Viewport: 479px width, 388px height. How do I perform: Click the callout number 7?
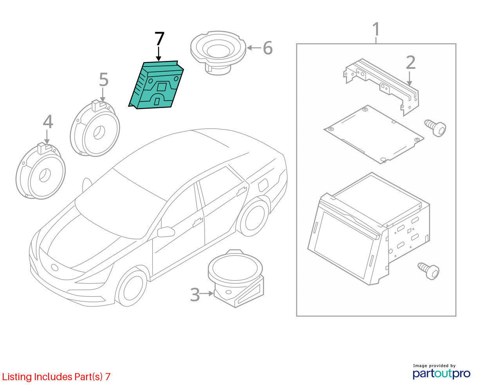pyautogui.click(x=159, y=39)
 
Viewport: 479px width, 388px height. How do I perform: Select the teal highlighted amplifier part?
pyautogui.click(x=156, y=85)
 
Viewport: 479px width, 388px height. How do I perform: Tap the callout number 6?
pyautogui.click(x=268, y=48)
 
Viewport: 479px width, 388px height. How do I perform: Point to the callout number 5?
pyautogui.click(x=104, y=79)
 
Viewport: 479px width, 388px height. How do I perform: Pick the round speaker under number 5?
pyautogui.click(x=95, y=128)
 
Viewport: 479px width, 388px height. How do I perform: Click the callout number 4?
pyautogui.click(x=48, y=122)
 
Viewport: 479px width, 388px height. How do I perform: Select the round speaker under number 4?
pyautogui.click(x=41, y=171)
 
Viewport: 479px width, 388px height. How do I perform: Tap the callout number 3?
pyautogui.click(x=195, y=295)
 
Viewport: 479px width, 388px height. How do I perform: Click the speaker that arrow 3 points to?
pyautogui.click(x=236, y=278)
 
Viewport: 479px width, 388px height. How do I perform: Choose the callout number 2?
pyautogui.click(x=411, y=63)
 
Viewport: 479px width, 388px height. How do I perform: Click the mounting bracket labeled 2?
pyautogui.click(x=381, y=87)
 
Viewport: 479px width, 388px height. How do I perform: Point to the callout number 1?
pyautogui.click(x=376, y=29)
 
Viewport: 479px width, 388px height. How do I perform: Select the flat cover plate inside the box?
pyautogui.click(x=373, y=135)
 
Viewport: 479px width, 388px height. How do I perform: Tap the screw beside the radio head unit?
pyautogui.click(x=429, y=271)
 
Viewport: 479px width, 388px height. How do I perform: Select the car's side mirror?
pyautogui.click(x=166, y=232)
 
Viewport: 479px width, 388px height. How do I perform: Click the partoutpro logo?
pyautogui.click(x=441, y=374)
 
